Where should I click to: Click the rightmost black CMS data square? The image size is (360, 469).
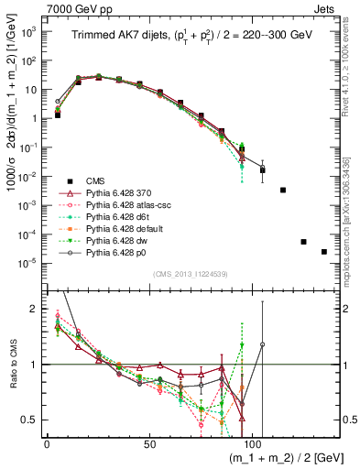[324, 252]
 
